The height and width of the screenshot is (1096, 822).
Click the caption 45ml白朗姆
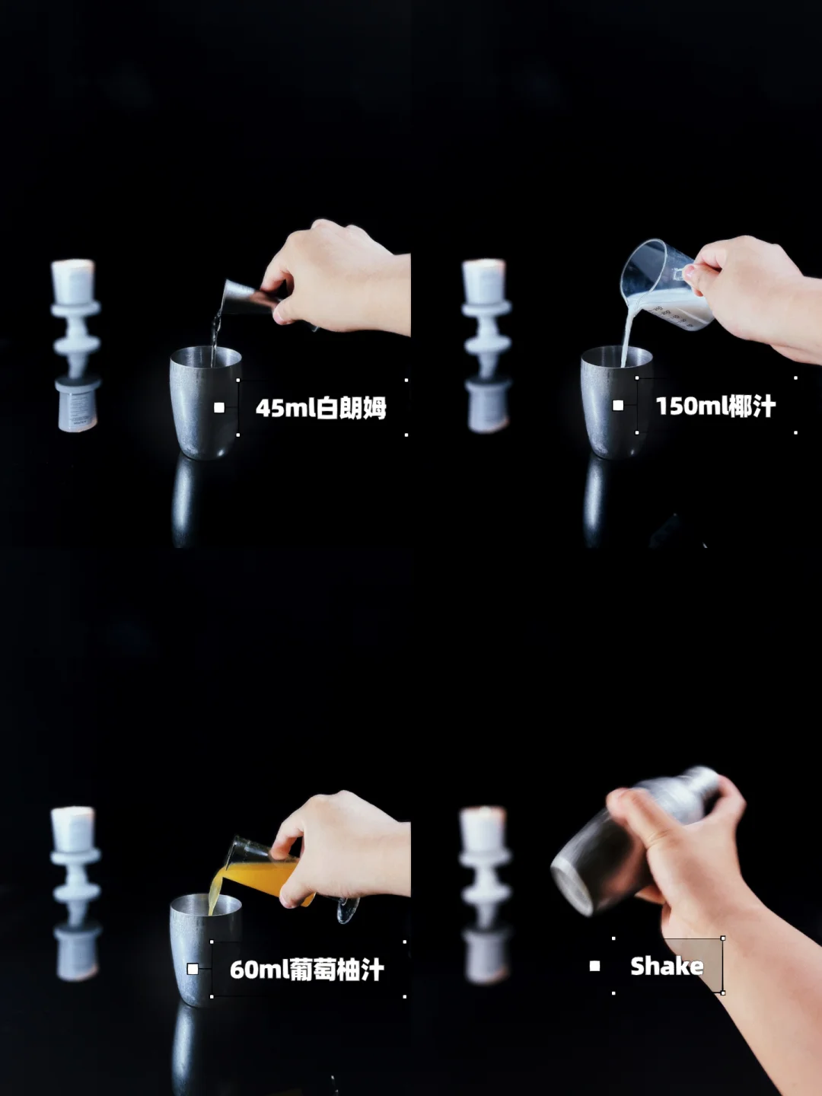point(321,407)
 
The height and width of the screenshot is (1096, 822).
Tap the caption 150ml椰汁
point(715,406)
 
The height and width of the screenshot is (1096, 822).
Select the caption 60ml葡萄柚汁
point(307,969)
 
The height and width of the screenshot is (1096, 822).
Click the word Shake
point(667,966)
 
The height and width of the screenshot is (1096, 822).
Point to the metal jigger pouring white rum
point(250,298)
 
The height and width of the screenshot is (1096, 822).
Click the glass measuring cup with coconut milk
point(664,285)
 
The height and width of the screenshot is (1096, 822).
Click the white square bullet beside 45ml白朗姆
point(219,407)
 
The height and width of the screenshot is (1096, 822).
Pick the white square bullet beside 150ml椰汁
point(618,406)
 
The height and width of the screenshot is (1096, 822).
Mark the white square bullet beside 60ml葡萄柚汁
point(193,969)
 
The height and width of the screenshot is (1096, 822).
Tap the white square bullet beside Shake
point(594,966)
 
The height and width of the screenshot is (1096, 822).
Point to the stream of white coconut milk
point(628,330)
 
